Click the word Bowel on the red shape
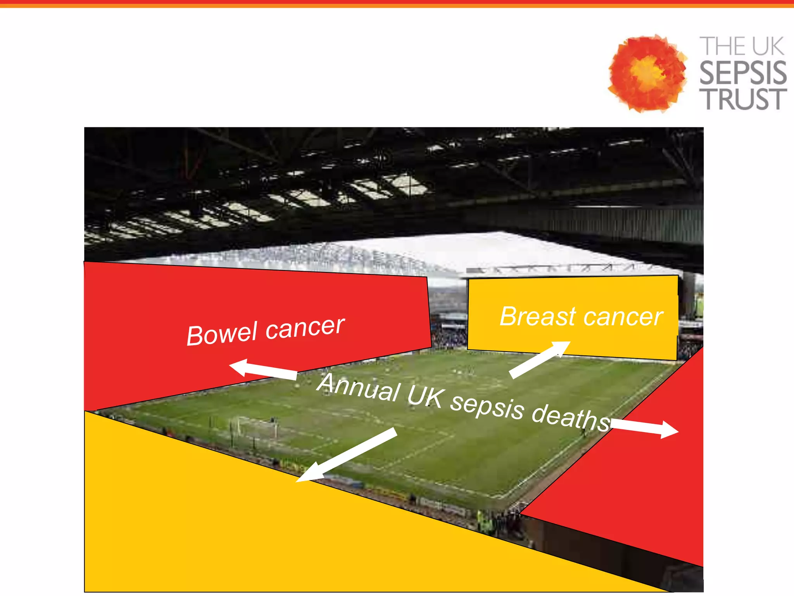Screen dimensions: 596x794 click(x=221, y=334)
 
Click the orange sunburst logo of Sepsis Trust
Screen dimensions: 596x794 click(x=647, y=73)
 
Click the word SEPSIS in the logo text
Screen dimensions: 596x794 click(x=743, y=73)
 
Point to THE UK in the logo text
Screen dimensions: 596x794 click(x=741, y=47)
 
